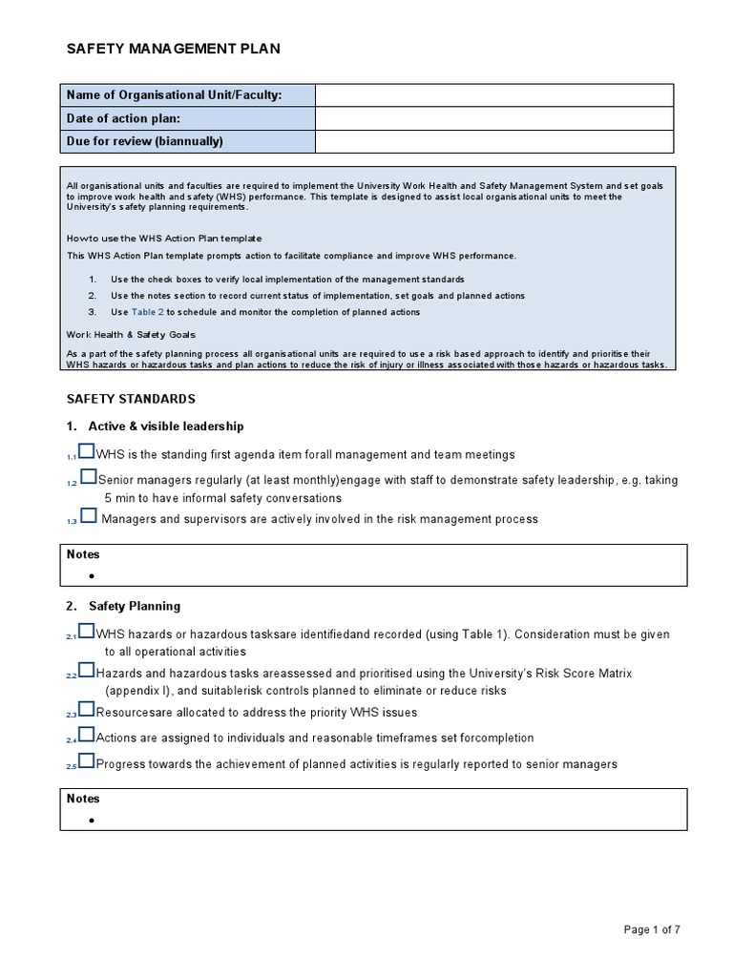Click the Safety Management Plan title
point(173,50)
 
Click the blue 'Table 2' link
point(147,312)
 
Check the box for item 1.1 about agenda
point(87,451)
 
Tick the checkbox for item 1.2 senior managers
point(88,476)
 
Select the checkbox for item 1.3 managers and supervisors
point(88,515)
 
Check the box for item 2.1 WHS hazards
point(87,631)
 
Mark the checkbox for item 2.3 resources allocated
point(87,709)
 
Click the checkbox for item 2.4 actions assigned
point(87,735)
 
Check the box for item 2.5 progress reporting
point(87,760)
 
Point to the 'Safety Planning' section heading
point(135,606)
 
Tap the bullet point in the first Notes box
point(92,575)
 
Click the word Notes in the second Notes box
point(83,799)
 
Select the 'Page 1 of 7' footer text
point(652,930)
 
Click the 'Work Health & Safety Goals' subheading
point(131,334)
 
